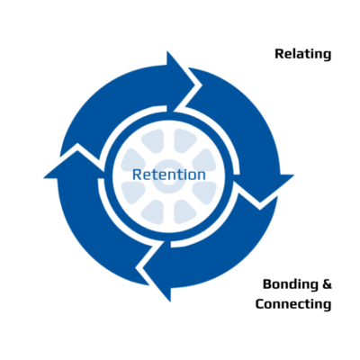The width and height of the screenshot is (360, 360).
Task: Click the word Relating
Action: [x=303, y=54]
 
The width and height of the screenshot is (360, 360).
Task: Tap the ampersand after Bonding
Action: [x=327, y=284]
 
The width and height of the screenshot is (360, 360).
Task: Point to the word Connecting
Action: [x=293, y=304]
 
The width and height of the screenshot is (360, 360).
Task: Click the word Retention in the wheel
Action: [x=169, y=175]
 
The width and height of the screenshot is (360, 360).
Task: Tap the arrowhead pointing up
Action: [x=75, y=164]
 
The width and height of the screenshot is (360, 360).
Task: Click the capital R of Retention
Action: [x=137, y=175]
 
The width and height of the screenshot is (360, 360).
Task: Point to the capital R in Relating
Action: [x=280, y=54]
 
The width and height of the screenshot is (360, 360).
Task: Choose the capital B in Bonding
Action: [x=267, y=284]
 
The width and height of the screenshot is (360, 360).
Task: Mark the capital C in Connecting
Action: [x=260, y=304]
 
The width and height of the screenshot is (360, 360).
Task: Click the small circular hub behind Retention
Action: [x=168, y=176]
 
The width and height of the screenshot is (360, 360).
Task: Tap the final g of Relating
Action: [x=328, y=56]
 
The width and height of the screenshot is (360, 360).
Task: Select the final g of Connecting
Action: [x=328, y=306]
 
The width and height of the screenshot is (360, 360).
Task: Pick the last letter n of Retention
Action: [x=202, y=176]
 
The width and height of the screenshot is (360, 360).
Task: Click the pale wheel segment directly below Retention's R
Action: [x=133, y=192]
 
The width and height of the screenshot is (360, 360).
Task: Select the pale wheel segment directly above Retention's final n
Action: [x=204, y=160]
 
